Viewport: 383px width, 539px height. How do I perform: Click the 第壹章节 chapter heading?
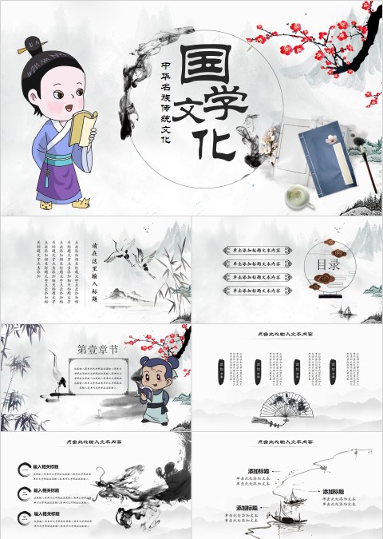(x=97, y=348)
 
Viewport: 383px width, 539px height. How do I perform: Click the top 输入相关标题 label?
(x=49, y=463)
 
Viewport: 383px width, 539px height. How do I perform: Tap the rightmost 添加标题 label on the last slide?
(x=334, y=490)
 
